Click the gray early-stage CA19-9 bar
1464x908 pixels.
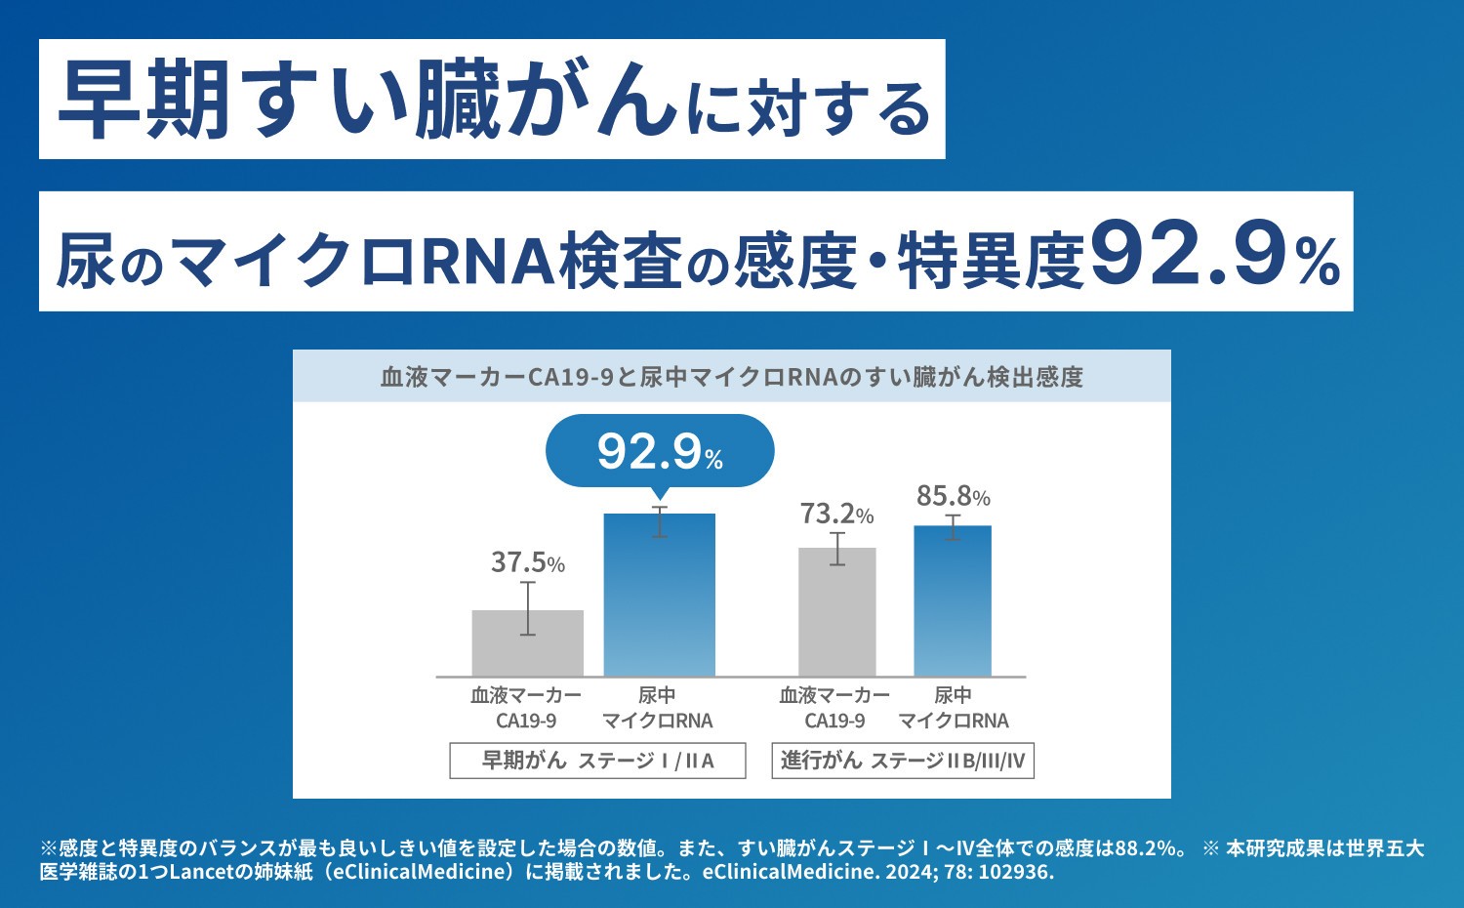point(527,643)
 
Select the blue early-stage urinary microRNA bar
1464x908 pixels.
point(659,595)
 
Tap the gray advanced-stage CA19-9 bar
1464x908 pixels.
point(836,612)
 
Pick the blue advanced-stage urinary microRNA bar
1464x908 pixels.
point(952,601)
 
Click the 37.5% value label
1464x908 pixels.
point(527,563)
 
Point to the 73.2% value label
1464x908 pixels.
point(836,514)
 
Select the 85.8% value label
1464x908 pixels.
point(953,497)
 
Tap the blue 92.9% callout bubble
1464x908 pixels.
point(660,451)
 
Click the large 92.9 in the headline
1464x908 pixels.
point(1186,256)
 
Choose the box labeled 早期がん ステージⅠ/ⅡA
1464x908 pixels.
point(597,761)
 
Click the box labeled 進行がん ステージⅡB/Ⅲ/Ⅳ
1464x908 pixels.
point(903,761)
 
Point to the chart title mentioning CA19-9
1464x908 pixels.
point(732,377)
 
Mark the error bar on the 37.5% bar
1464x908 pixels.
point(527,608)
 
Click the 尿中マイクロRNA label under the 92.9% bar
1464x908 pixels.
point(657,708)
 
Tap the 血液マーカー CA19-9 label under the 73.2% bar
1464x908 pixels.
point(834,708)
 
